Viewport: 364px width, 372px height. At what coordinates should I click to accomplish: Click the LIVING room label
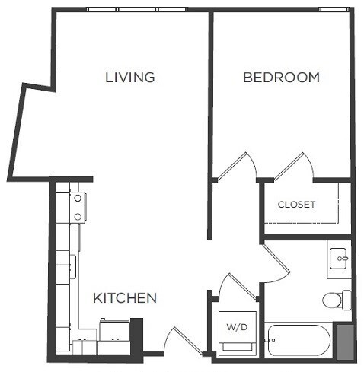pyautogui.click(x=130, y=77)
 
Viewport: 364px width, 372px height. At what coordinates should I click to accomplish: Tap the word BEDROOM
pyautogui.click(x=281, y=77)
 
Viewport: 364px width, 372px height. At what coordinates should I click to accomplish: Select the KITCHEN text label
pyautogui.click(x=125, y=297)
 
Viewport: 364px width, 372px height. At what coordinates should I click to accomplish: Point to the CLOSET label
pyautogui.click(x=296, y=204)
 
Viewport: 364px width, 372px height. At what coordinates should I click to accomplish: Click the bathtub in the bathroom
pyautogui.click(x=298, y=341)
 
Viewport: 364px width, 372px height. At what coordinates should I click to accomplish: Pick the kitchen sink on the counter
pyautogui.click(x=73, y=266)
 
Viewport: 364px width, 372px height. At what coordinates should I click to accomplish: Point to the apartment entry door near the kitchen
pyautogui.click(x=181, y=341)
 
